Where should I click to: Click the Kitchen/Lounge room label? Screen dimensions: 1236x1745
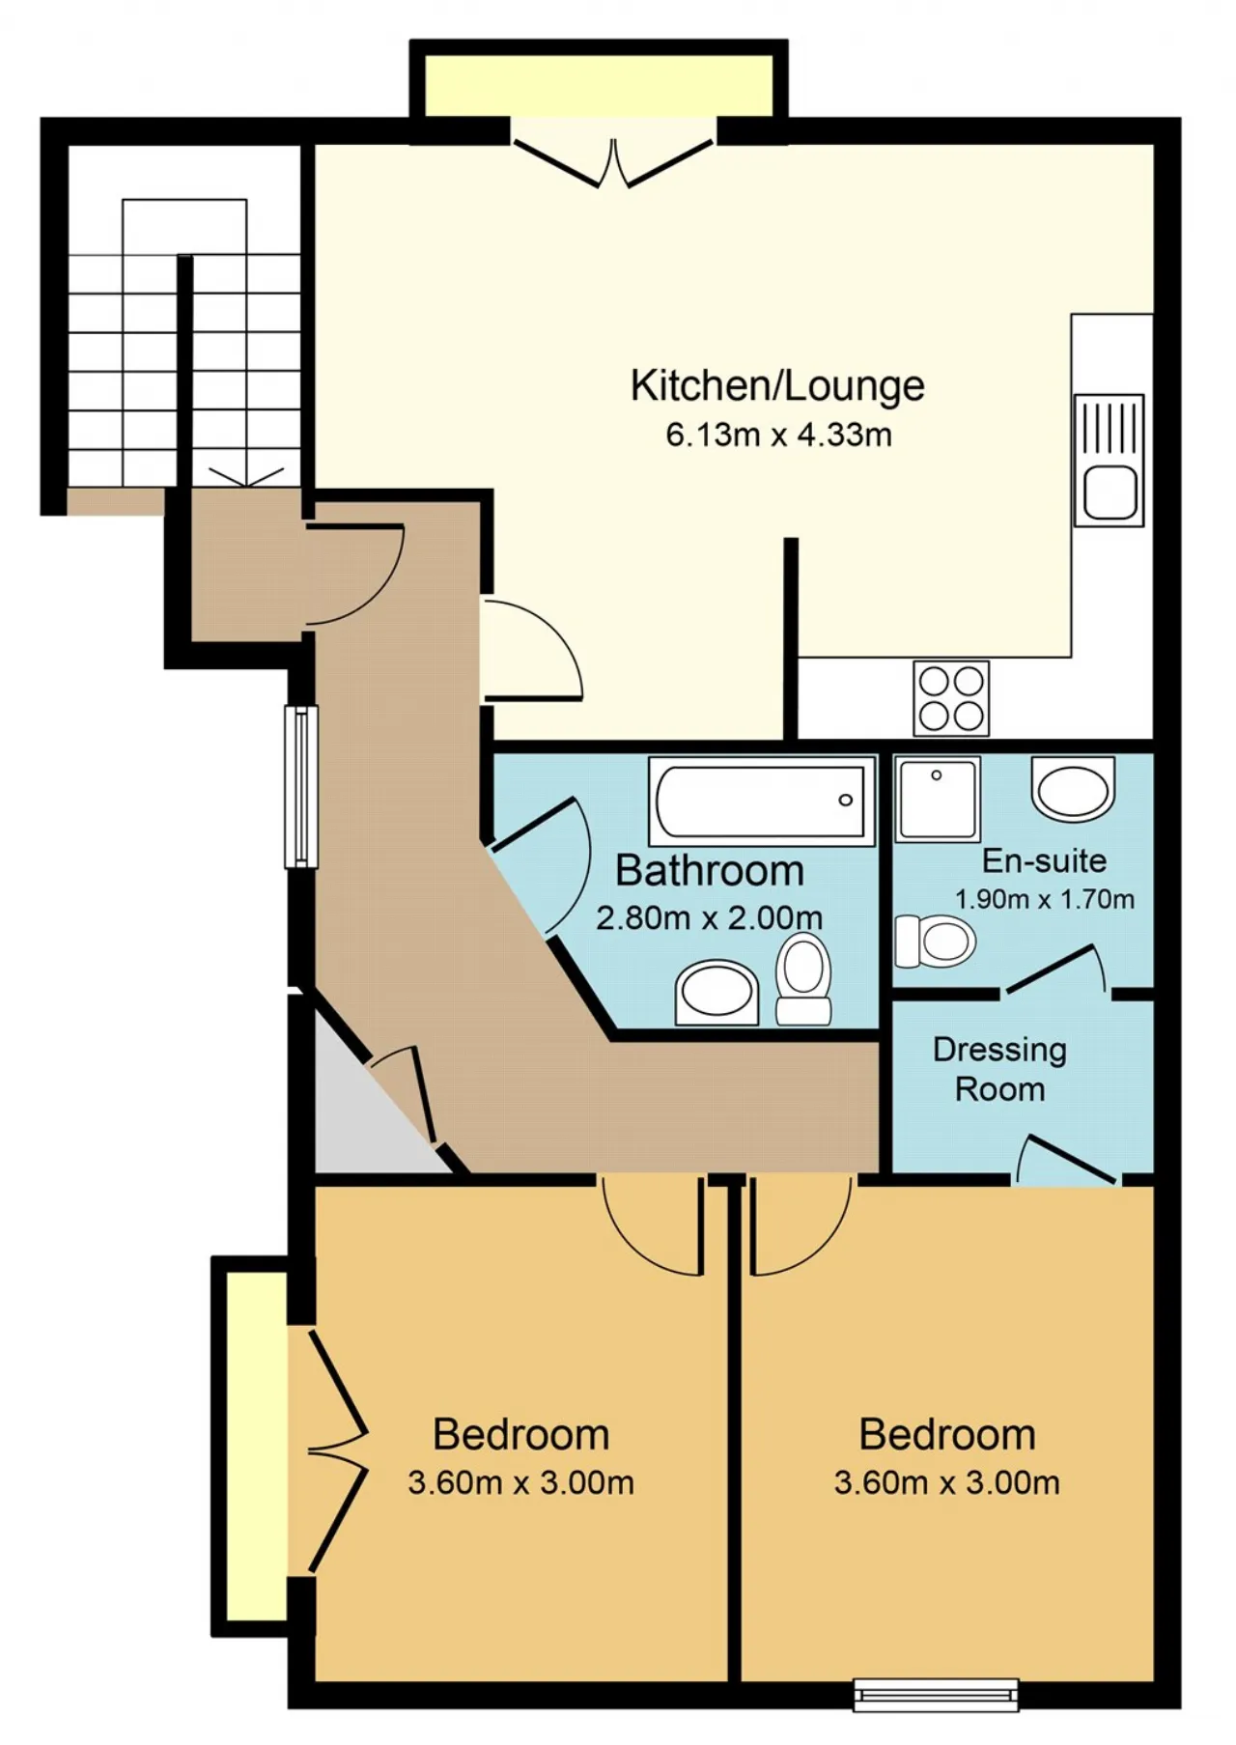777,386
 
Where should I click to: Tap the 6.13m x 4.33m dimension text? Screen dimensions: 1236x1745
778,435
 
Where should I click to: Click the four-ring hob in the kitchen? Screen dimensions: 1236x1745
951,697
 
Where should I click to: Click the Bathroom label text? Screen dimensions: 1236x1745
710,871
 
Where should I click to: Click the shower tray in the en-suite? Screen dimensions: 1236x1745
938,799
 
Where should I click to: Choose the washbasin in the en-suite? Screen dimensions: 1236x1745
1073,789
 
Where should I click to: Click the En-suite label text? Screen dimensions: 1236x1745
1044,860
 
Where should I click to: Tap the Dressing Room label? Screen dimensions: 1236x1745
999,1069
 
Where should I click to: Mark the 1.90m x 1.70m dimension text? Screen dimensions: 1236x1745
1044,900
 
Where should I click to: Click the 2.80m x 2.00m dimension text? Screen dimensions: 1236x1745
710,917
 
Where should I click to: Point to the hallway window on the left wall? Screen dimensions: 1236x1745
300,786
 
